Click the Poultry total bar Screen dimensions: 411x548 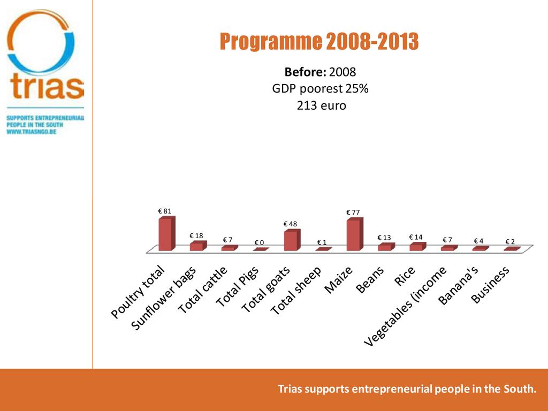coord(166,234)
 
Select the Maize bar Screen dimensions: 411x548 coord(354,235)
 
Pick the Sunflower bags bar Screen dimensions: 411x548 coord(197,246)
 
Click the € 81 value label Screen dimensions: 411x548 coord(165,211)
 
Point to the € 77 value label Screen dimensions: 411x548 coord(353,212)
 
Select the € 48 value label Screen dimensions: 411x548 coord(290,224)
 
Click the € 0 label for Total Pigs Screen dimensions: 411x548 coord(259,243)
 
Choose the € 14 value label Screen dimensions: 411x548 coord(416,237)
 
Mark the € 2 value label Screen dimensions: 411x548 coord(510,242)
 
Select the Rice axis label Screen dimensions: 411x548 coord(405,276)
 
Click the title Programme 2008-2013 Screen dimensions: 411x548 coord(319,42)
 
